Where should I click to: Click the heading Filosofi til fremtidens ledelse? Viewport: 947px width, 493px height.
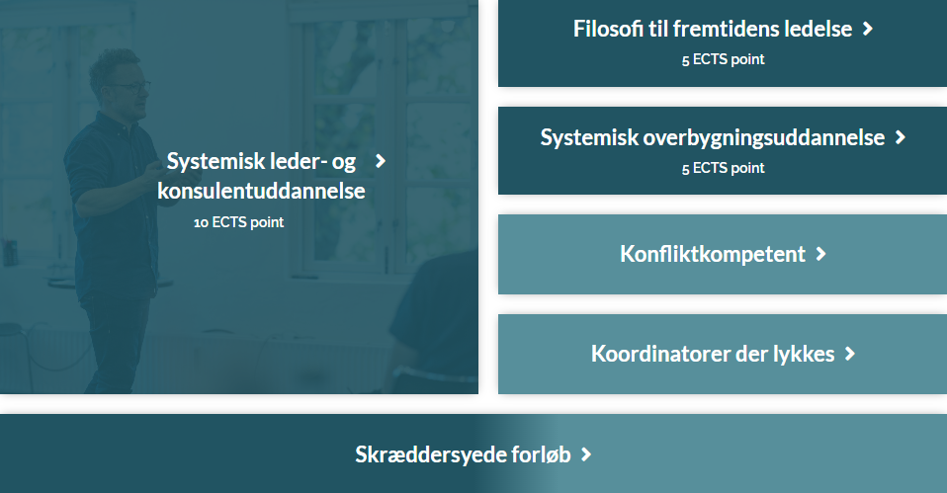pos(713,29)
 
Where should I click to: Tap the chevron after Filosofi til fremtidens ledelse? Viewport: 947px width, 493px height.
pos(868,29)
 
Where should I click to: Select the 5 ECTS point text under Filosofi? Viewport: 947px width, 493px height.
pos(723,59)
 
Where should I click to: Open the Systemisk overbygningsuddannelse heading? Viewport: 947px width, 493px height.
pos(713,137)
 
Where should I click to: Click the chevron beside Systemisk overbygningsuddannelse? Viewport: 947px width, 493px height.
pos(901,137)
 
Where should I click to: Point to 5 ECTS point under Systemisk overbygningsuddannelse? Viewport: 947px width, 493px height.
pos(723,168)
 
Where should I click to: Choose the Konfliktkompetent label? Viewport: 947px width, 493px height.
pos(713,254)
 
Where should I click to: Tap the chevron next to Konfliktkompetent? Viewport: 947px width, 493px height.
pos(820,254)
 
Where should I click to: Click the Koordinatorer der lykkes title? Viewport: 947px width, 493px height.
pos(713,354)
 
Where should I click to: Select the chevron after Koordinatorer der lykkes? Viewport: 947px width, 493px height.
pos(850,354)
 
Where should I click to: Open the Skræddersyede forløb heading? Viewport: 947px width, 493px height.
pos(463,454)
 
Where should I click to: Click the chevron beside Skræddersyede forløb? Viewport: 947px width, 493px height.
pos(586,454)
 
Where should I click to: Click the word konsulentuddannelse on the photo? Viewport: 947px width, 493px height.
pos(262,191)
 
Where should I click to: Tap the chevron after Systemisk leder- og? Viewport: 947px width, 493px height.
pos(380,161)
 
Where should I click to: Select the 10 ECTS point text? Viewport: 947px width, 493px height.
pos(238,222)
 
